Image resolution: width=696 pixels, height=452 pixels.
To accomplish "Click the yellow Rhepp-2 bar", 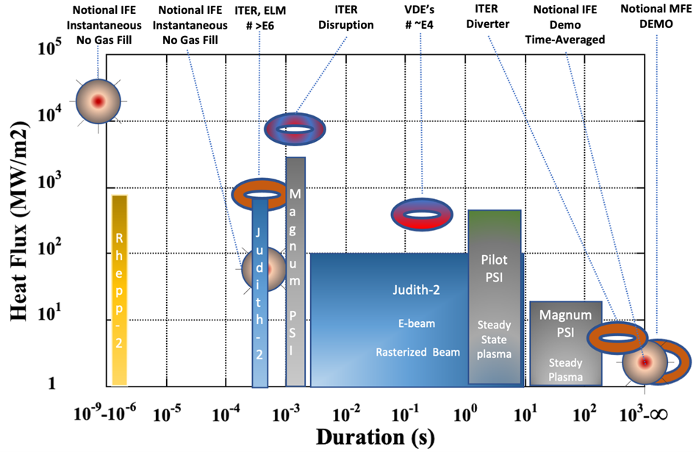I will (x=120, y=290).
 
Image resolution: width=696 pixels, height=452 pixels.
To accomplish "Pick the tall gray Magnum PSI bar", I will (x=295, y=272).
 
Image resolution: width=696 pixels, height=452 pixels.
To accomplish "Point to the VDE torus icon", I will (x=422, y=213).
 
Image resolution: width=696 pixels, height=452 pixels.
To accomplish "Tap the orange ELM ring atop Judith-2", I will (x=261, y=193).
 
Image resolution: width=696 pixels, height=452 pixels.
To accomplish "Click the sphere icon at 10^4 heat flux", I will (x=97, y=100).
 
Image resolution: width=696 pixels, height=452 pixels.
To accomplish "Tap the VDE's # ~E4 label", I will (x=422, y=17).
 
